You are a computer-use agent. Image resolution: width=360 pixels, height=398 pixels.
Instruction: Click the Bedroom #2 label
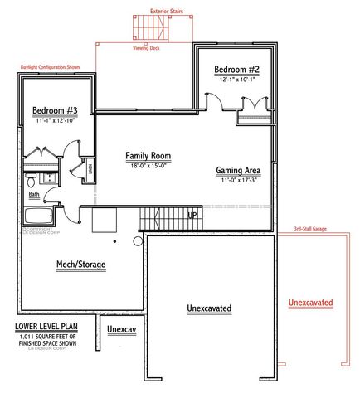coord(236,70)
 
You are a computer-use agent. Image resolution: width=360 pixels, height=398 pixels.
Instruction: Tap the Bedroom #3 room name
coord(56,110)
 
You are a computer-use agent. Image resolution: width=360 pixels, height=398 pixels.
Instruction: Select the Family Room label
coord(148,156)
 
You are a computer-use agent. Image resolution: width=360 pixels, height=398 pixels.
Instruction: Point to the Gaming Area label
coord(239,171)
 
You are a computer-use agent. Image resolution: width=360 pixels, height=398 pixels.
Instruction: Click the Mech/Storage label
coord(80,265)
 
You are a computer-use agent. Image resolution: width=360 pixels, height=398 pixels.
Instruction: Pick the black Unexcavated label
coord(209,308)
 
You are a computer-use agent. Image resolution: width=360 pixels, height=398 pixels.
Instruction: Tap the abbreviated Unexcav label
coord(121,329)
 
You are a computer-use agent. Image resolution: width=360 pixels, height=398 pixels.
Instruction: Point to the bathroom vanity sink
coord(49,177)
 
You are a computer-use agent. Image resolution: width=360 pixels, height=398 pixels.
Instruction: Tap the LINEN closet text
coord(89,172)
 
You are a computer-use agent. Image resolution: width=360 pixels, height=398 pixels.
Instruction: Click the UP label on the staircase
coord(192,215)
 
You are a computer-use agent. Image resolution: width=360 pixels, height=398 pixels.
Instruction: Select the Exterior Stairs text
coord(167,12)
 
